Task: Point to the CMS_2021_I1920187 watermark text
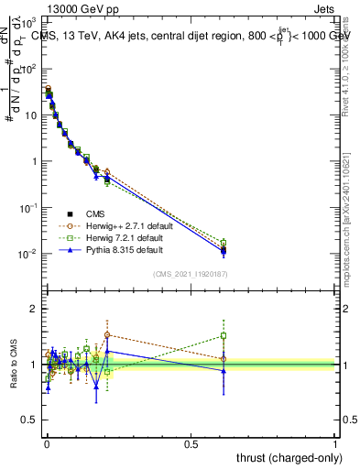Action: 191,274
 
